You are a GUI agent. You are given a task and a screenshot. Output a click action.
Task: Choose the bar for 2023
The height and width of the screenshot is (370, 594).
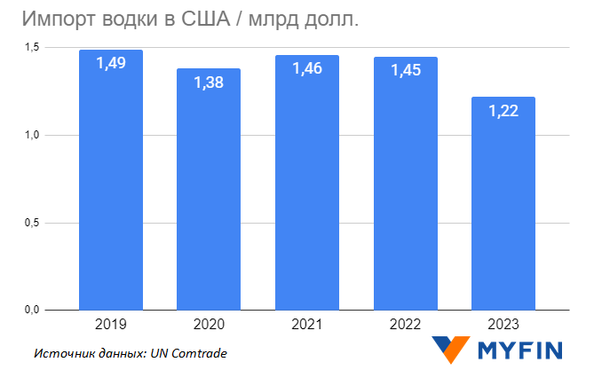tap(503, 209)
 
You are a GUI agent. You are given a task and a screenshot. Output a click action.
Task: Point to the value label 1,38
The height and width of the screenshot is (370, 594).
tap(209, 83)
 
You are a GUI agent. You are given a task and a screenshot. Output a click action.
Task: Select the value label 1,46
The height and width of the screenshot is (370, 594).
tap(307, 69)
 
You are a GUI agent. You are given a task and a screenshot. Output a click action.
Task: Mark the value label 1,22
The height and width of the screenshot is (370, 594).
tap(503, 110)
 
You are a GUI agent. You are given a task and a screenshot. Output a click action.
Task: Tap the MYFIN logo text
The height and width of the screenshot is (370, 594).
tap(524, 349)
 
